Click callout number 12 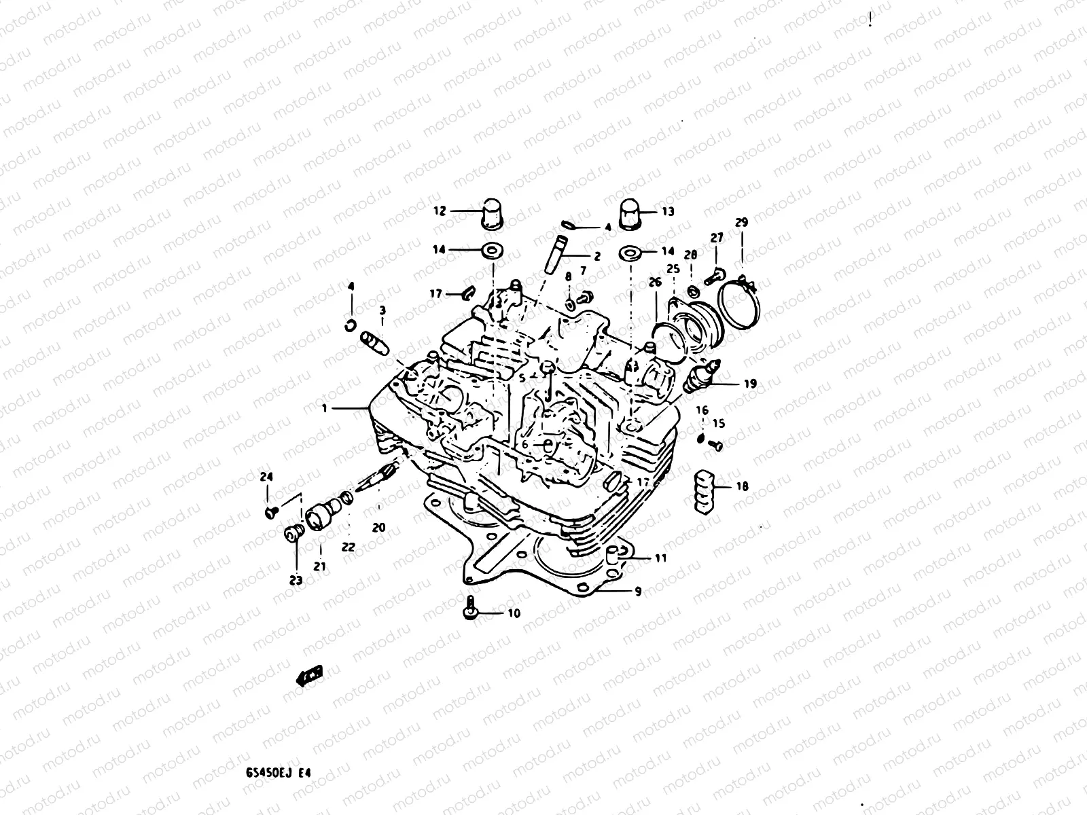[x=440, y=211]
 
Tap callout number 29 [x=741, y=222]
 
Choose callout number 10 [x=514, y=613]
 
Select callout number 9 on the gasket [x=637, y=592]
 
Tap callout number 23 [x=296, y=580]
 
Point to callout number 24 [x=266, y=477]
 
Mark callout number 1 [x=325, y=408]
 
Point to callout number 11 [x=660, y=558]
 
